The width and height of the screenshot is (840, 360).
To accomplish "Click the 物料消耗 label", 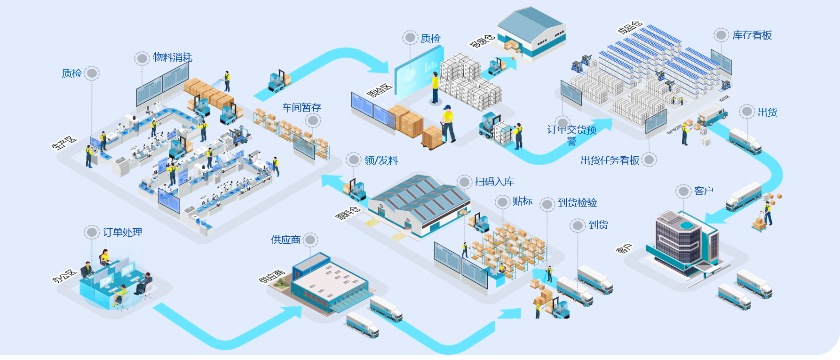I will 173,57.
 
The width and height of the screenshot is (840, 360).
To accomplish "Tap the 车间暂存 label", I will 301,108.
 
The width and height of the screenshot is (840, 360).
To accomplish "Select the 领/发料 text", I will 381,160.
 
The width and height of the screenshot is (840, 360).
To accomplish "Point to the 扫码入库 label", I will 494,182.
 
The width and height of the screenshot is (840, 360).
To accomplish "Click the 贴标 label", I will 523,201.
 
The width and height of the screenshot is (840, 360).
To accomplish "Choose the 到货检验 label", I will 577,203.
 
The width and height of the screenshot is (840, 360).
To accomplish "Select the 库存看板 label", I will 752,35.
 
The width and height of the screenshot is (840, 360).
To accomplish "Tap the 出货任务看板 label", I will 610,160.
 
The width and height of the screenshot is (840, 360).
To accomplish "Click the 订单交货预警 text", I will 571,135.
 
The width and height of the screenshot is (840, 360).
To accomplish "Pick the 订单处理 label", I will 122,232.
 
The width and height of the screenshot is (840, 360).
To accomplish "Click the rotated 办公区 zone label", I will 64,276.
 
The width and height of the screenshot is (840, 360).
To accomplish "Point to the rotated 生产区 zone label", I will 64,143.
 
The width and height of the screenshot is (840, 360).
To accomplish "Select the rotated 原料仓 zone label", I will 348,213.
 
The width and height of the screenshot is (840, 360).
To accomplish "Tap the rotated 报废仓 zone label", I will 481,40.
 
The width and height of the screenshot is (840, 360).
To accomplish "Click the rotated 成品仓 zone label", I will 630,27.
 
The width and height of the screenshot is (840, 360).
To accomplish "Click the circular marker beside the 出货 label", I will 747,112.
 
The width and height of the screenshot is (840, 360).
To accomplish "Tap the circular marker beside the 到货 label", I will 578,225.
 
